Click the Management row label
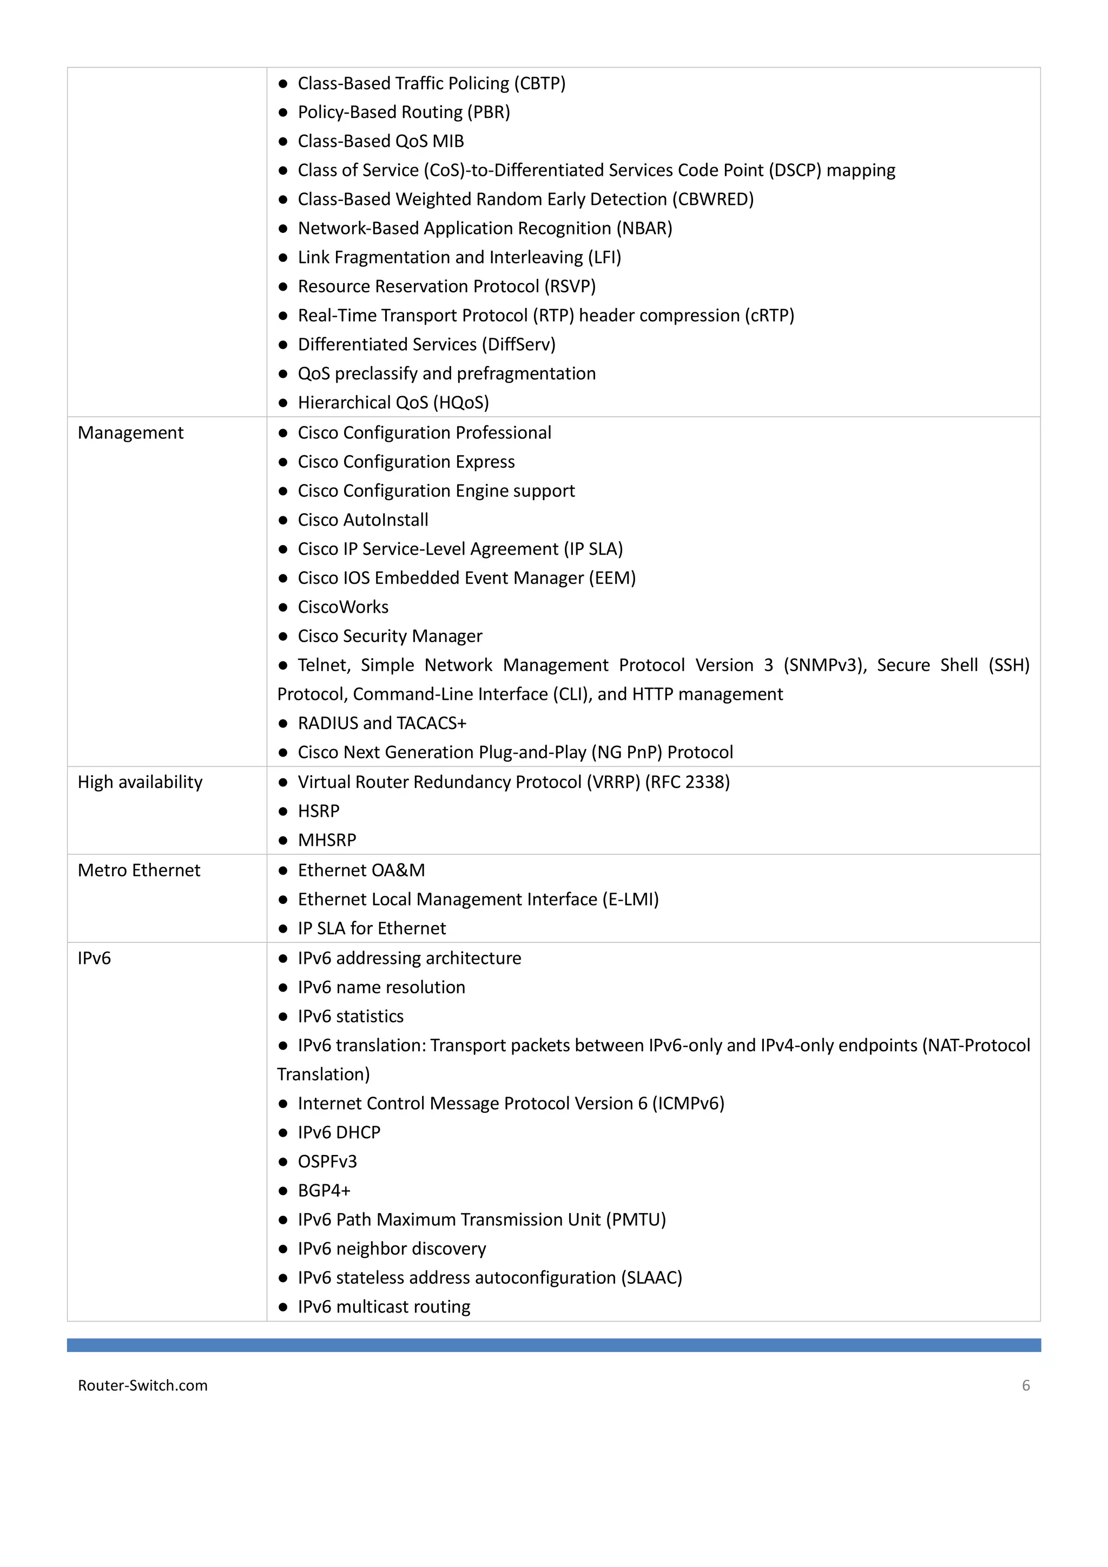130,432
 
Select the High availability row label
140,782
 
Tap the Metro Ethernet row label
138,870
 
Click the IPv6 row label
94,958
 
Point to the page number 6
1025,1385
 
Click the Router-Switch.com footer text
143,1385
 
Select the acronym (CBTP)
540,83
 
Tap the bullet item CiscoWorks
343,607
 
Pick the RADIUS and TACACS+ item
382,723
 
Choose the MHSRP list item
327,840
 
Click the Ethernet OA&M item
361,870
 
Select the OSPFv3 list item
327,1161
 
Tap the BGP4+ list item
324,1190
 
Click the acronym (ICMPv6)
688,1103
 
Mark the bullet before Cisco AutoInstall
283,520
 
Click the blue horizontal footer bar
553,1345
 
